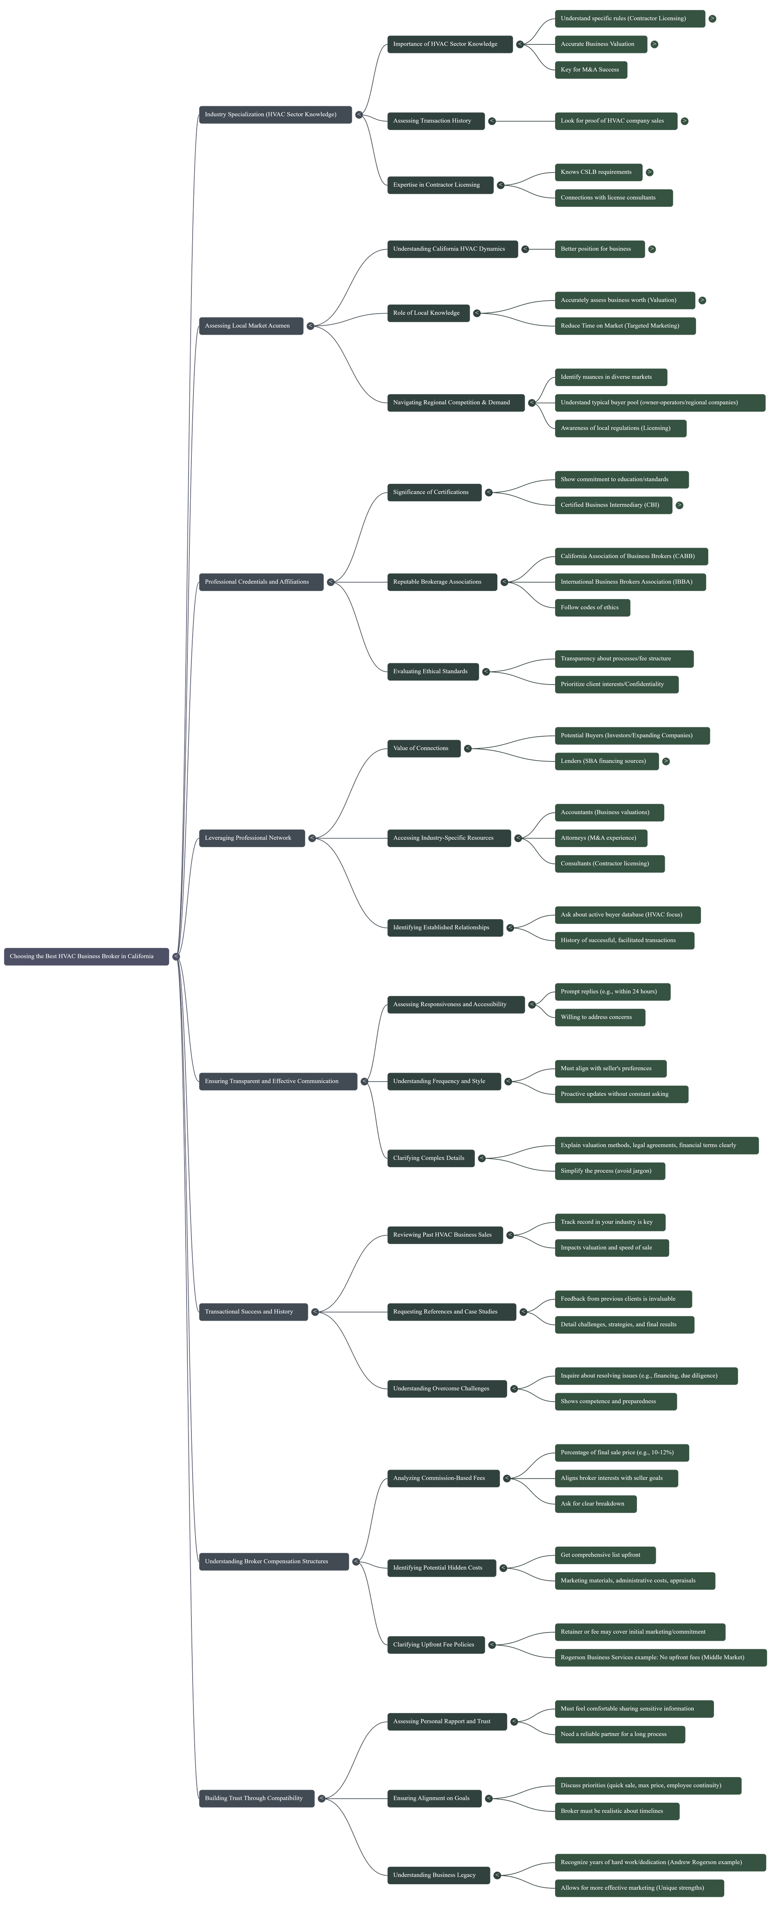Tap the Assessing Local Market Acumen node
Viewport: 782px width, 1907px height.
tap(250, 326)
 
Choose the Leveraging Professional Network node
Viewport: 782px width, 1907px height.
tap(251, 838)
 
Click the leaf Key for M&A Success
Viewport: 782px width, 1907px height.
tap(590, 70)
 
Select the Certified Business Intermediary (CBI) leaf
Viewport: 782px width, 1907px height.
tap(613, 505)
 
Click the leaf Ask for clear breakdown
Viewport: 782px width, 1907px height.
tap(595, 1503)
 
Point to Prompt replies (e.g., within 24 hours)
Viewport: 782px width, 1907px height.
tap(612, 991)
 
